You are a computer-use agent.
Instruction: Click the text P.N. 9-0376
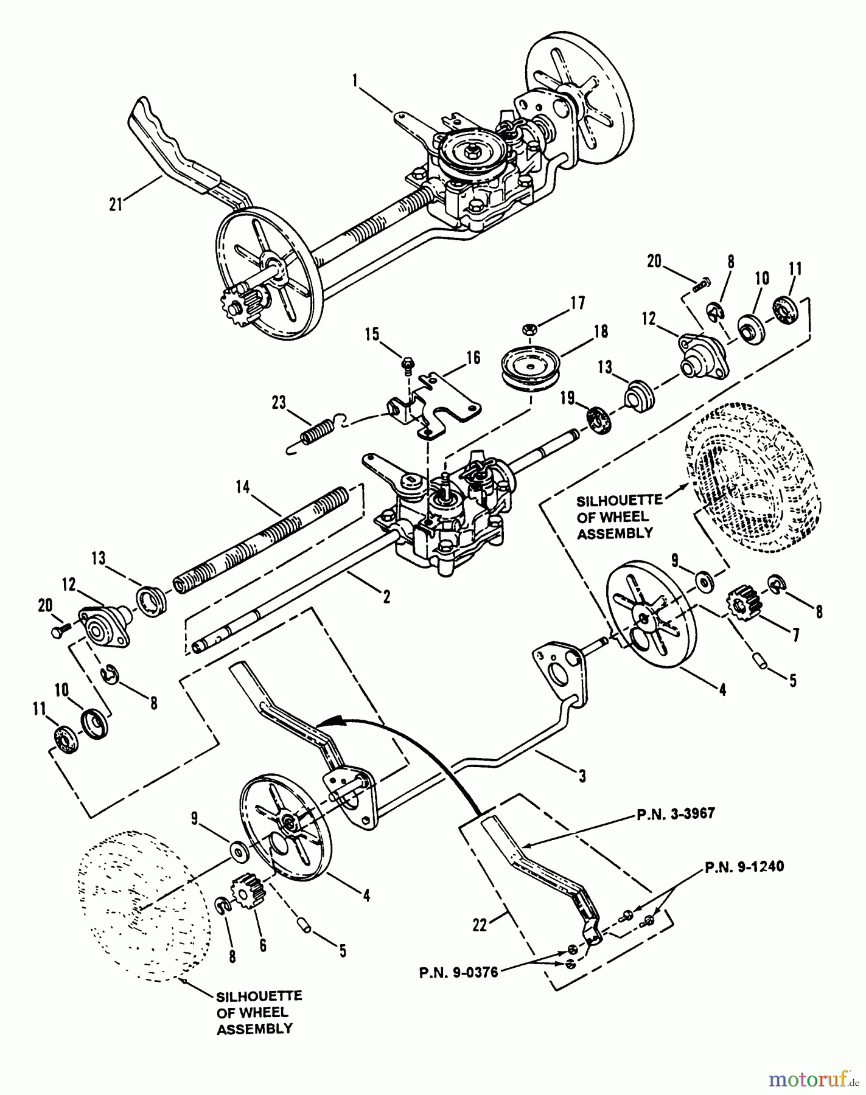click(466, 972)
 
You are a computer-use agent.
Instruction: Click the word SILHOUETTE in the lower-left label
click(259, 996)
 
